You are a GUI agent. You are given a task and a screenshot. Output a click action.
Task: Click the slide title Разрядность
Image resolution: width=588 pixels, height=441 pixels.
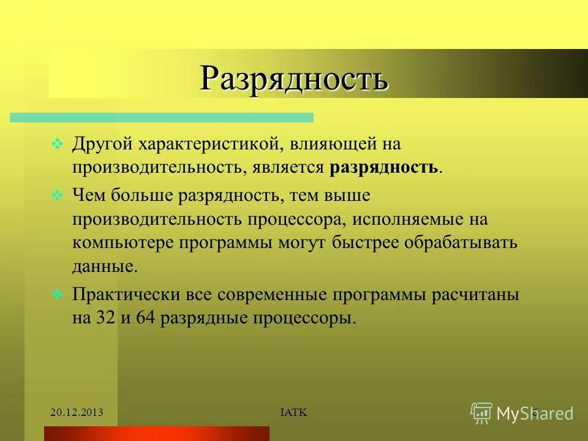294,78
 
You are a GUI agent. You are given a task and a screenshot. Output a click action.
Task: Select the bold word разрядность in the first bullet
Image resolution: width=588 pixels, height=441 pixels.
384,168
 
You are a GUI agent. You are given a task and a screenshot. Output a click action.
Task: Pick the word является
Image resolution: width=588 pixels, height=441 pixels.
288,168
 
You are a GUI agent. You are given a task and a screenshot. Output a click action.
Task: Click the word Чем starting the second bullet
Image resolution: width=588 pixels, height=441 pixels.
88,196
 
